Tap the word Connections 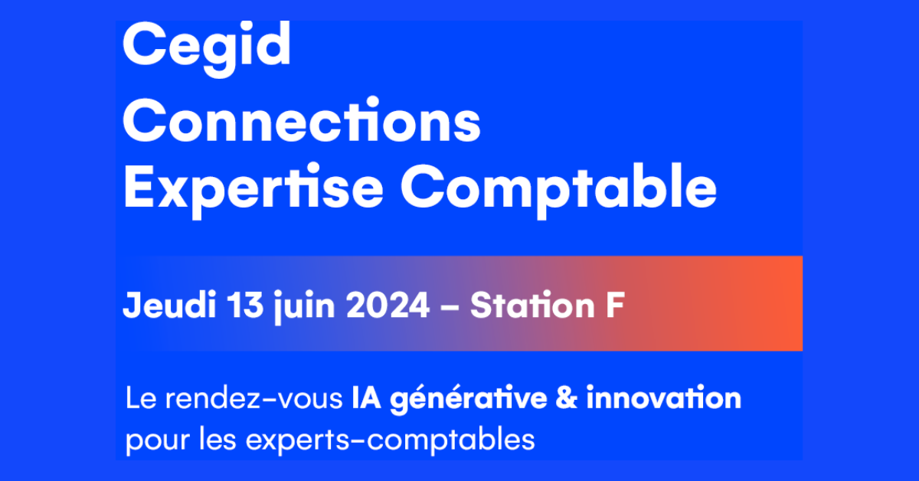pos(302,119)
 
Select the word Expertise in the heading pos(253,191)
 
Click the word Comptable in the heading pos(558,191)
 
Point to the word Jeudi pos(169,305)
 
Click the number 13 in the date pos(245,305)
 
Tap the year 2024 pos(388,305)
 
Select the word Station pos(532,305)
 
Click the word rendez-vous pos(254,398)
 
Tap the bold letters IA pos(366,398)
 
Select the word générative pos(469,400)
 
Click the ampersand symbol pos(567,398)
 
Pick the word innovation pos(664,398)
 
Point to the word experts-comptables pos(390,440)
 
